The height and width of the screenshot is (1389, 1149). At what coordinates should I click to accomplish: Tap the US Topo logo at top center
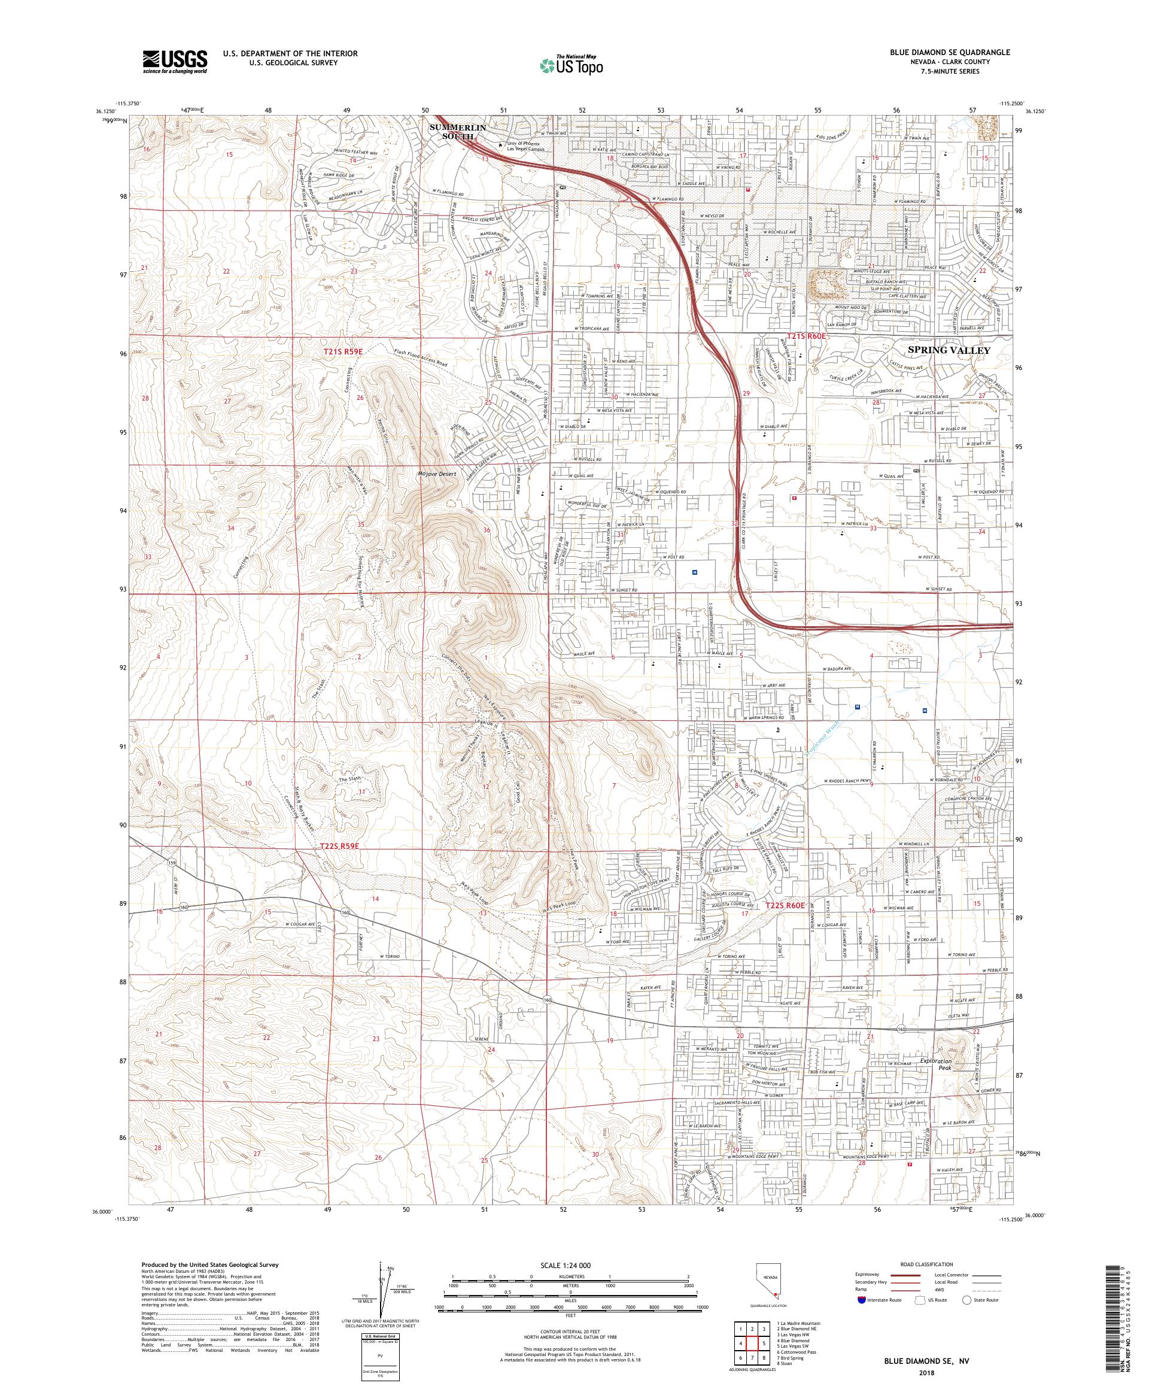click(x=572, y=65)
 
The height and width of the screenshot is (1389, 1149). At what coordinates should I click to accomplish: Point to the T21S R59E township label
click(x=344, y=352)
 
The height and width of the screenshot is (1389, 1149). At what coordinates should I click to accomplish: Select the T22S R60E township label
click(x=785, y=905)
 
